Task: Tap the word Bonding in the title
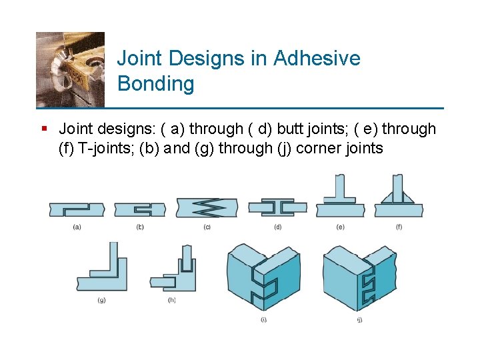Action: pyautogui.click(x=155, y=84)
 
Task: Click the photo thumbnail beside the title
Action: pyautogui.click(x=70, y=69)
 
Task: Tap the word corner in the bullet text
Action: pyautogui.click(x=317, y=148)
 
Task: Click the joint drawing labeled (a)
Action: pyautogui.click(x=77, y=209)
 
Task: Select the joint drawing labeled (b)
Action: pyautogui.click(x=139, y=209)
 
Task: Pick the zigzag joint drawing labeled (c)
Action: pyautogui.click(x=207, y=207)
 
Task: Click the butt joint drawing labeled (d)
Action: pyautogui.click(x=277, y=208)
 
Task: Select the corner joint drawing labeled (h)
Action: pyautogui.click(x=174, y=273)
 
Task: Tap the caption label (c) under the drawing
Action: pyautogui.click(x=207, y=227)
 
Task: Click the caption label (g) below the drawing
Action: pyautogui.click(x=101, y=301)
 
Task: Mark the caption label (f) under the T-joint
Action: pyautogui.click(x=399, y=227)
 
